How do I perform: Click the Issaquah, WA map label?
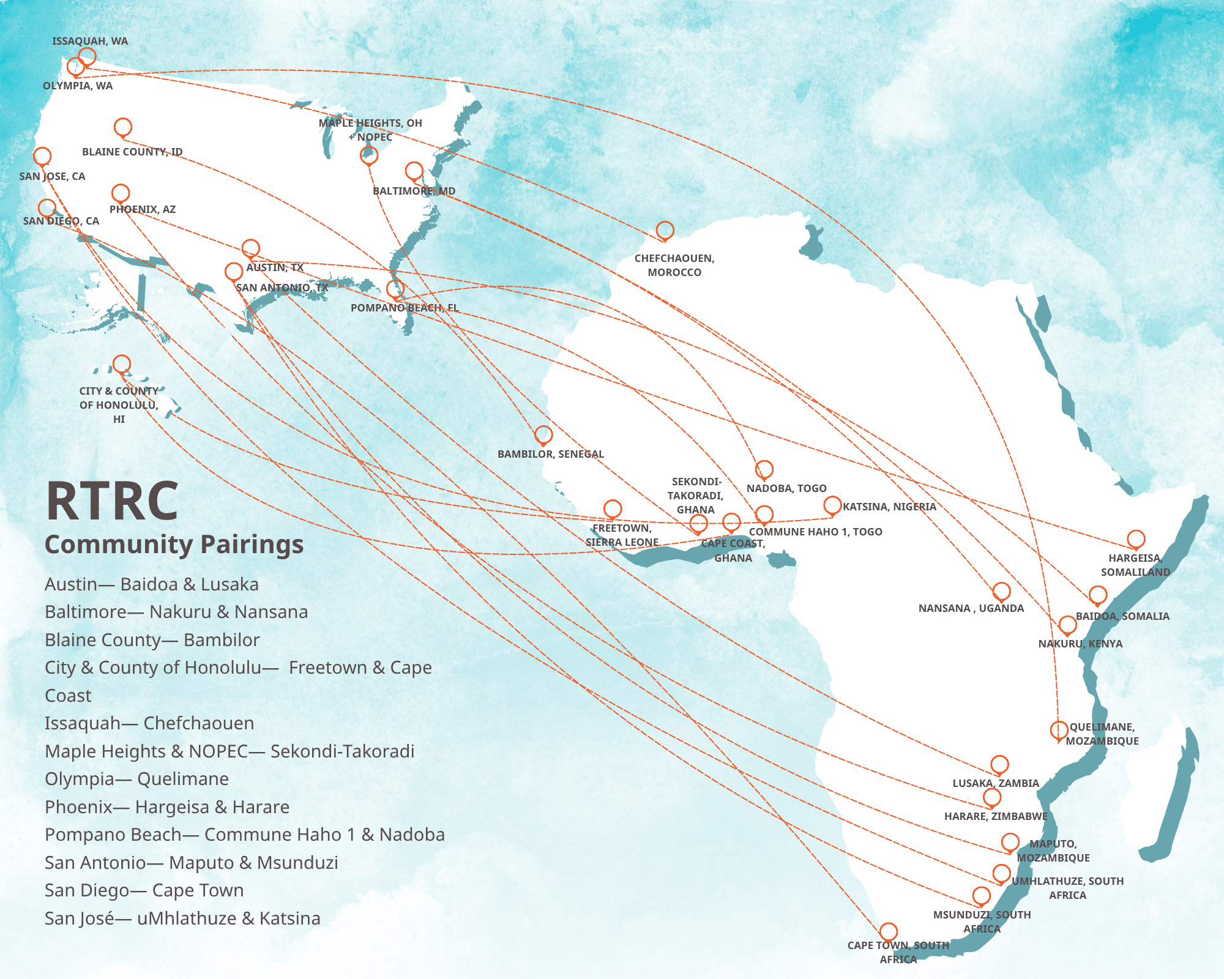(90, 42)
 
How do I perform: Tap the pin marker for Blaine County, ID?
(123, 127)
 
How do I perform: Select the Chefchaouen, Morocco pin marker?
(665, 231)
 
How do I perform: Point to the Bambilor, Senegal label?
(550, 454)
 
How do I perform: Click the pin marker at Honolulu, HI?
(122, 365)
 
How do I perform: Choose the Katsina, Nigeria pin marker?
(832, 505)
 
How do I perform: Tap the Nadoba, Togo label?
(786, 488)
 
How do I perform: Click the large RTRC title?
(112, 501)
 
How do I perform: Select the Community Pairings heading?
(174, 544)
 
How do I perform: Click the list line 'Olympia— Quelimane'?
(136, 779)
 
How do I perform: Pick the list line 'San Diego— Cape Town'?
(144, 890)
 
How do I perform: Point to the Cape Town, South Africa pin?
(889, 932)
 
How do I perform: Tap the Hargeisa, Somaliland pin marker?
(1136, 539)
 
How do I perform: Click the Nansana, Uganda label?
(971, 608)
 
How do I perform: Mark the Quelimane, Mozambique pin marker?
(1059, 730)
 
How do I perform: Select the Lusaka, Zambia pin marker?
(999, 764)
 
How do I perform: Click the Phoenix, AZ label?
(143, 209)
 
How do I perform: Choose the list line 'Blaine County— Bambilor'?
(152, 640)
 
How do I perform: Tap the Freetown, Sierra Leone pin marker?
(613, 508)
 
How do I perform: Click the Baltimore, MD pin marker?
(414, 171)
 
